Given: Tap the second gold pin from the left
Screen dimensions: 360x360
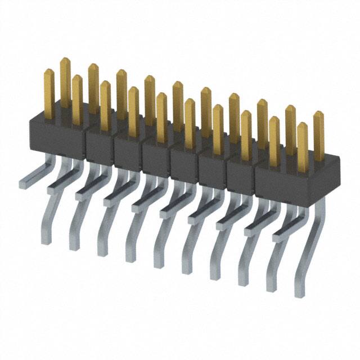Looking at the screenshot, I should (x=65, y=79).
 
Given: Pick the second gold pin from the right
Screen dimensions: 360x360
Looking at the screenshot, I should (x=303, y=143).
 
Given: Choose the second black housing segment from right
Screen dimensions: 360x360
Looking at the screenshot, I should (x=240, y=172).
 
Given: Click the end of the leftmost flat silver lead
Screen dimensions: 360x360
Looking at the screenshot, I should (x=23, y=182).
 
